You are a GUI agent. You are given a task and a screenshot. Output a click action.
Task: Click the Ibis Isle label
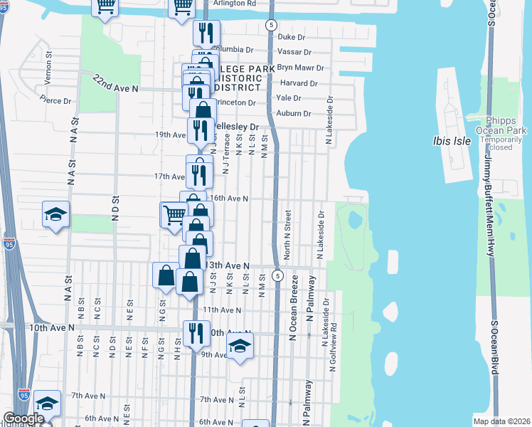[x=452, y=141]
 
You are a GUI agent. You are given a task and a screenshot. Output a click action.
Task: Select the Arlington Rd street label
[x=235, y=4]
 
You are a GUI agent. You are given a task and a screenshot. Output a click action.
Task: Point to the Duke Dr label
[x=291, y=36]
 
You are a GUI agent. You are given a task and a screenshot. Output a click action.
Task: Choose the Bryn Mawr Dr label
[x=301, y=68]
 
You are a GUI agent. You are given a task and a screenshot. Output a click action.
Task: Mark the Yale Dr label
[x=289, y=98]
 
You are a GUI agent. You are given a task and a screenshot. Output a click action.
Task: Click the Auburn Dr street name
[x=294, y=113]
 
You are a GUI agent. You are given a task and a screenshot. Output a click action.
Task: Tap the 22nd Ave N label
[x=115, y=85]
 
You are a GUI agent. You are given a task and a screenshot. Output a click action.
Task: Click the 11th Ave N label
[x=222, y=310]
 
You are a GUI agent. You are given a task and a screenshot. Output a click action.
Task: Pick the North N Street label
[x=287, y=234]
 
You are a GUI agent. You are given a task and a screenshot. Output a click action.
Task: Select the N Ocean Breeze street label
[x=292, y=312]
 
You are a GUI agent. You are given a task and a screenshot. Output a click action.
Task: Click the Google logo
[x=23, y=418]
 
